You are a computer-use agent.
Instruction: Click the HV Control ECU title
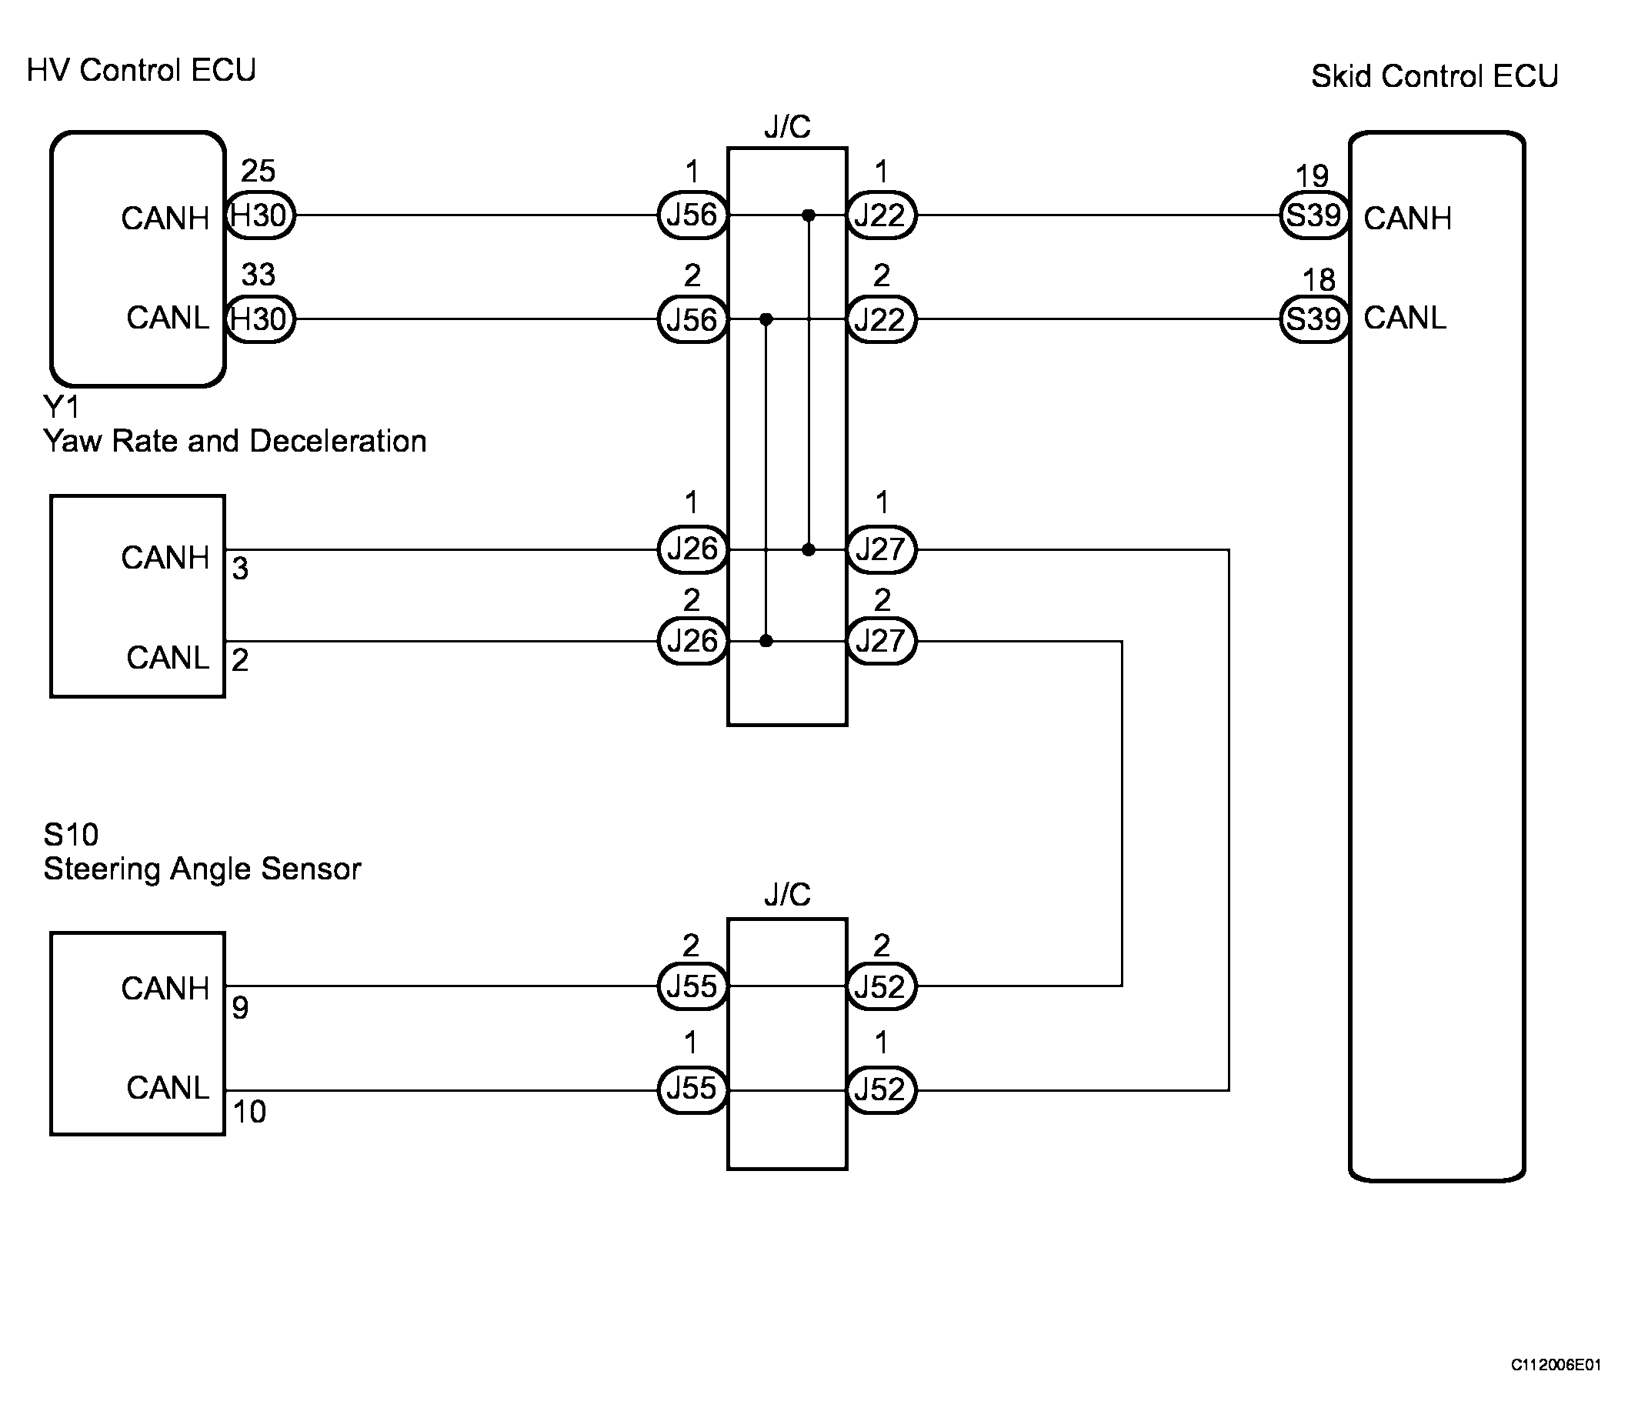(x=141, y=70)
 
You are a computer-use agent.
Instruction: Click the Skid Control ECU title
(x=1433, y=76)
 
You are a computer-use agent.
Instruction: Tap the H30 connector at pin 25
(x=259, y=215)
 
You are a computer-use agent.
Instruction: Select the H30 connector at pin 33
(x=259, y=319)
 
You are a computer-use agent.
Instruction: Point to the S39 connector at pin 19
(x=1314, y=215)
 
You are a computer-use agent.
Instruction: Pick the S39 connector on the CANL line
(x=1314, y=319)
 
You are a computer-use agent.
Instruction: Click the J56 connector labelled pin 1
(x=692, y=215)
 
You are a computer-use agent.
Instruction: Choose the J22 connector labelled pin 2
(x=880, y=319)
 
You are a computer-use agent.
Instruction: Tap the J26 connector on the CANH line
(x=692, y=549)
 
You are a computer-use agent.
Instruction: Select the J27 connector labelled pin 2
(x=880, y=640)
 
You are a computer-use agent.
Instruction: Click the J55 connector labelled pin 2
(x=692, y=986)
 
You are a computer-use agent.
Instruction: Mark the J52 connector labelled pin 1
(x=880, y=1089)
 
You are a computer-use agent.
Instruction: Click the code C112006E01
(x=1555, y=1365)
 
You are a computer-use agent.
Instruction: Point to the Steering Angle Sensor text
(x=202, y=869)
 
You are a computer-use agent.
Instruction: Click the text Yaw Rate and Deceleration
(x=235, y=441)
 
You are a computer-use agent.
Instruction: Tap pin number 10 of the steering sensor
(x=249, y=1112)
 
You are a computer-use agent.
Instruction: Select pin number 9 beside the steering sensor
(x=240, y=1008)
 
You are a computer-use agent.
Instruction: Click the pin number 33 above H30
(x=258, y=275)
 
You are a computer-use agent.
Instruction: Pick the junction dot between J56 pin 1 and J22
(x=809, y=215)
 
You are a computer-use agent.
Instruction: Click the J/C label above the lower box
(x=787, y=894)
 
